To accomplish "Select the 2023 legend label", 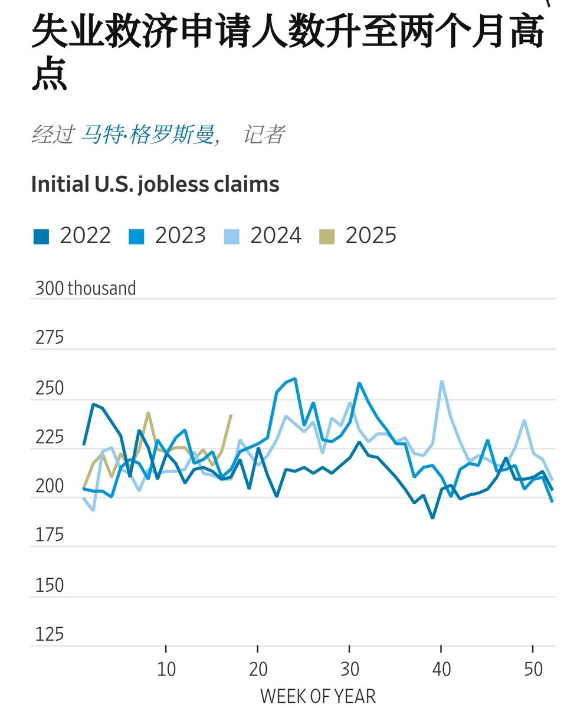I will click(180, 235).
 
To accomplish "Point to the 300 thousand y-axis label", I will click(86, 288).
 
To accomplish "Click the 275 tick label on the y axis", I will click(50, 338).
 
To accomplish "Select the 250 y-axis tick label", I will click(50, 388).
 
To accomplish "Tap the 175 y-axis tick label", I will click(50, 536).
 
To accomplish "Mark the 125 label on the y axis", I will click(50, 635).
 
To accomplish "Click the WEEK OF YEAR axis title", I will click(317, 696).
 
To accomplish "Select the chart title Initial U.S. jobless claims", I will click(155, 184).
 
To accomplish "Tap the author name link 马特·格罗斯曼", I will click(147, 135).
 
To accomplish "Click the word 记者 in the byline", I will click(264, 135).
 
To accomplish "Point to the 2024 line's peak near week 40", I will click(442, 381).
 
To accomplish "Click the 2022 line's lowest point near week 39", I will click(432, 518).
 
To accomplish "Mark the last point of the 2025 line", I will click(231, 415).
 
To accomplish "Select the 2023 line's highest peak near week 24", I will click(294, 379).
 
